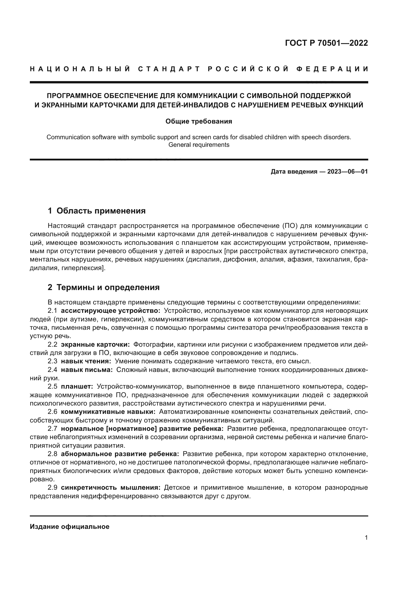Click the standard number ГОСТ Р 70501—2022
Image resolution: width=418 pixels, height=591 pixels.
(x=326, y=43)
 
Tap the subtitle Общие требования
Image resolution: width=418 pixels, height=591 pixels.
(x=199, y=121)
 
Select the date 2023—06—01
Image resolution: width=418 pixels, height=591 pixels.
(x=347, y=172)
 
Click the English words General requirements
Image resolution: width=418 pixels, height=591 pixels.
(x=199, y=145)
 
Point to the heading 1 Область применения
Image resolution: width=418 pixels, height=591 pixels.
(x=97, y=211)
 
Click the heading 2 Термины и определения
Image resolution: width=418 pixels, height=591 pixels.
(x=103, y=287)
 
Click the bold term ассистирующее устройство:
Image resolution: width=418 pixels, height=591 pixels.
(x=110, y=311)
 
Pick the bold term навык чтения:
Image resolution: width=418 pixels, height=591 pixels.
(x=86, y=361)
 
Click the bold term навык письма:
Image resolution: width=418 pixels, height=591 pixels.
(x=87, y=370)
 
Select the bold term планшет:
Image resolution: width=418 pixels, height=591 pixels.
(x=77, y=386)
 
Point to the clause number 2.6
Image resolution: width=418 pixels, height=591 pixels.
(x=53, y=412)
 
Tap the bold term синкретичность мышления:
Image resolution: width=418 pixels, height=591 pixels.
(x=111, y=487)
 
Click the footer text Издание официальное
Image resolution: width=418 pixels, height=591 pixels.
(x=69, y=527)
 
